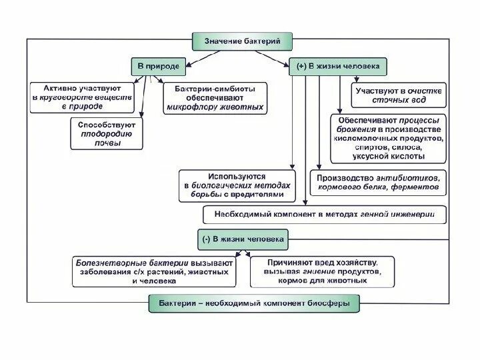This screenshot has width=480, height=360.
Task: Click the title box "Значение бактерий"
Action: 243,41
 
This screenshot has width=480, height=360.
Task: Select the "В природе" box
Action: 158,67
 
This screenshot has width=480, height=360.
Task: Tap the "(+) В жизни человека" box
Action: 337,67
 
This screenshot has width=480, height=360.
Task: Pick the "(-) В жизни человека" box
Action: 243,238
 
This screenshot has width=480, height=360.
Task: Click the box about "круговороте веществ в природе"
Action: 82,97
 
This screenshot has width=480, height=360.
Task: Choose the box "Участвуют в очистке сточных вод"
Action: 399,96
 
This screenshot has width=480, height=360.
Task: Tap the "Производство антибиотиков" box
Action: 379,183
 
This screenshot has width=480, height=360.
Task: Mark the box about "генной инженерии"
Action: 325,215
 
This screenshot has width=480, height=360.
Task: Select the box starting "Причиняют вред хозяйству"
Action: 324,272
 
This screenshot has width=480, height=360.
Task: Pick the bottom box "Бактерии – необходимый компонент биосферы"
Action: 259,303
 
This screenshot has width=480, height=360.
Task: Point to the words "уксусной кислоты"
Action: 387,157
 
